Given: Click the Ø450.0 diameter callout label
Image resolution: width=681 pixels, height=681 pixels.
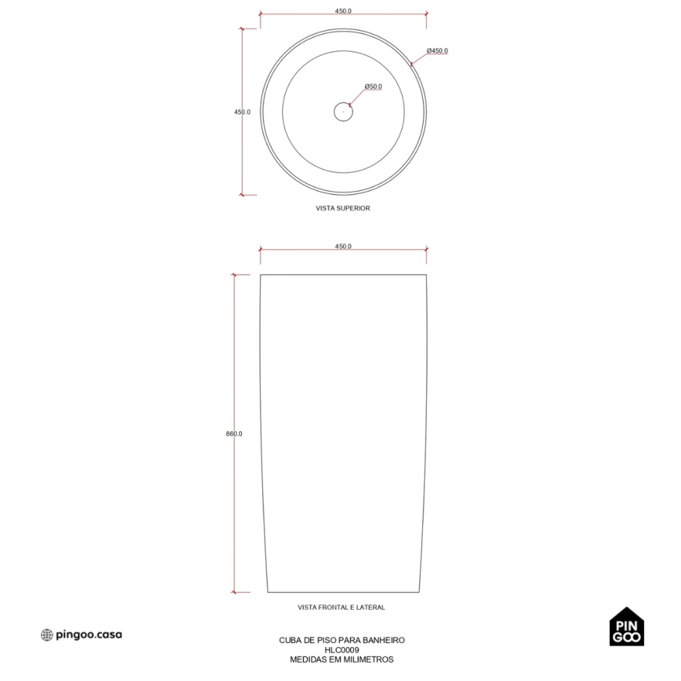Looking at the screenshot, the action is pos(437,51).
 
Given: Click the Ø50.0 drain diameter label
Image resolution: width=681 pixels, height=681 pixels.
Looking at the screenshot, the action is pos(373,86).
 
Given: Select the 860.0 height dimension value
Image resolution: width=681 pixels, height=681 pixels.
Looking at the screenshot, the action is pos(234,434).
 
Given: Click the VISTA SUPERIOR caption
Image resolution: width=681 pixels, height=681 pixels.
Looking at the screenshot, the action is pos(343,208).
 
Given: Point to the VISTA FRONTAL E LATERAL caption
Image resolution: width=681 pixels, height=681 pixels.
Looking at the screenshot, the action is pos(341,607).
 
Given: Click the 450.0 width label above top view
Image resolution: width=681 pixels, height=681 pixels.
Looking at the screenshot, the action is pos(343,12).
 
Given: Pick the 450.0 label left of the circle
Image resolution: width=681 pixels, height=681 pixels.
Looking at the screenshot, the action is pos(242,112).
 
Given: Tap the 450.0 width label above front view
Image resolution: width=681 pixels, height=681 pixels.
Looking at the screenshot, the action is pos(343,247).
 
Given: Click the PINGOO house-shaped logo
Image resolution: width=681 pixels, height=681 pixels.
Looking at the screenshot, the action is pos(627,627).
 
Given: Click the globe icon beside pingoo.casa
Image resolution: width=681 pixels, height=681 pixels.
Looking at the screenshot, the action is pos(46,635).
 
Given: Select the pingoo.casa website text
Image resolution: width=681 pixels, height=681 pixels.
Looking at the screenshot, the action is pos(89,635).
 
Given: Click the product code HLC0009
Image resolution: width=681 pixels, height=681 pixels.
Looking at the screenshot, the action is pos(342,650).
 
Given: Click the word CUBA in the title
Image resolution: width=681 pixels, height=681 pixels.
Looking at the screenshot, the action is pos(288,640).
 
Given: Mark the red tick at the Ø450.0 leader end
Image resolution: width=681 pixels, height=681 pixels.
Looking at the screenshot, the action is pos(411,65).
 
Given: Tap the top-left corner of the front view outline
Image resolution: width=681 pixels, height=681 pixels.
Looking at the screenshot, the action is pos(261,275).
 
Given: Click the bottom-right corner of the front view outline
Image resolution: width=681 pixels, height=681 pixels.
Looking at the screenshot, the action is pos(419,592).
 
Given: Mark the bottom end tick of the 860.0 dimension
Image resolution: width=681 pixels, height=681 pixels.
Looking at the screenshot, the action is pos(234,592).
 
